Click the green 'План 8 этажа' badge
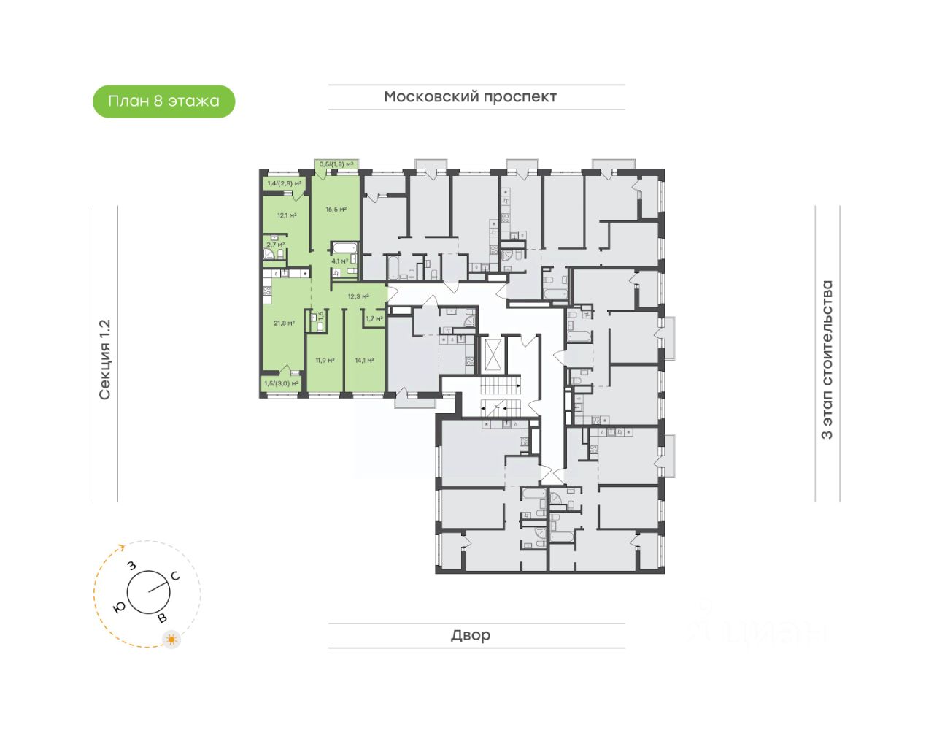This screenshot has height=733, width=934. pyautogui.click(x=163, y=101)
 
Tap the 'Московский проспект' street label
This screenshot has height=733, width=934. pyautogui.click(x=471, y=97)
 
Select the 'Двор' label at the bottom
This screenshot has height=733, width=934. pyautogui.click(x=471, y=635)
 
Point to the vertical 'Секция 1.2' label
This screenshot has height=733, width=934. pyautogui.click(x=105, y=359)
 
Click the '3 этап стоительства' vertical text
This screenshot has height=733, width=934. pyautogui.click(x=827, y=359)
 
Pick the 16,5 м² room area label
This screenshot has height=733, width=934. pyautogui.click(x=336, y=210)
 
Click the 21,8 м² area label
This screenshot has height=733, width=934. pyautogui.click(x=284, y=323)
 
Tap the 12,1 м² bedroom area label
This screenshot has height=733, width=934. pyautogui.click(x=287, y=215)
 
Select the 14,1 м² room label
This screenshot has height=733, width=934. pyautogui.click(x=364, y=361)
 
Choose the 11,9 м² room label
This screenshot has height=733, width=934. pyautogui.click(x=325, y=361)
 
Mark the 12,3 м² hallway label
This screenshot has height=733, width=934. pyautogui.click(x=358, y=296)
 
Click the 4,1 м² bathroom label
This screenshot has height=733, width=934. pyautogui.click(x=339, y=261)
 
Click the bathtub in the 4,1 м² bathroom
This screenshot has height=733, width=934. pyautogui.click(x=344, y=247)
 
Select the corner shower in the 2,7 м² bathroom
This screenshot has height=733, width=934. pyautogui.click(x=269, y=254)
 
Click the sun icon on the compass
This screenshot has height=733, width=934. pyautogui.click(x=171, y=640)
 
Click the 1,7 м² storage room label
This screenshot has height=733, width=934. pyautogui.click(x=374, y=318)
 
